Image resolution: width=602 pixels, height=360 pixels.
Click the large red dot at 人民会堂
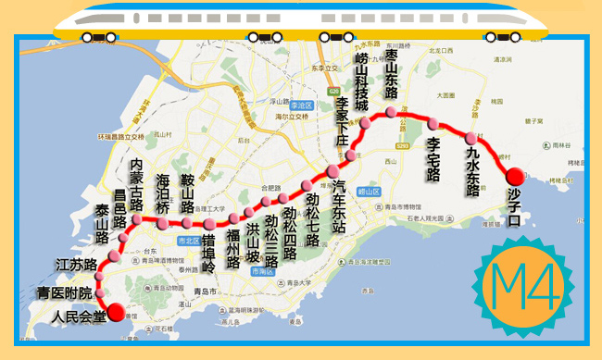[x=116, y=312]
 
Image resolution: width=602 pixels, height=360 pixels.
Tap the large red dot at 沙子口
[x=514, y=175]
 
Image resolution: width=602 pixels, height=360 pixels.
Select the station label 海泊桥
[x=163, y=195]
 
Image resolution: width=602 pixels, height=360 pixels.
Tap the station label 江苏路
[x=77, y=265]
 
